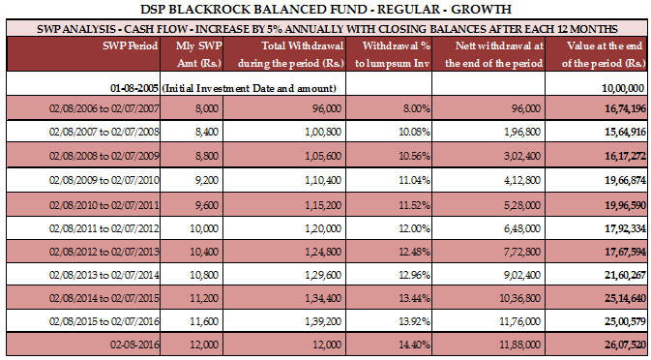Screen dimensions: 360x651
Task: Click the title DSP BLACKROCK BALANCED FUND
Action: point(325,10)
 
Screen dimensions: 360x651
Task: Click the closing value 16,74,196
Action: point(619,109)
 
